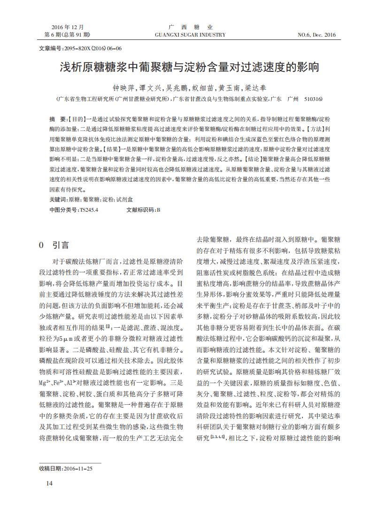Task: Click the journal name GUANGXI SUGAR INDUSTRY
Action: click(x=190, y=35)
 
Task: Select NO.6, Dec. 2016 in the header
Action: click(x=317, y=35)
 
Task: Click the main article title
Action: click(x=189, y=67)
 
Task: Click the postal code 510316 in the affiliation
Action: click(x=313, y=99)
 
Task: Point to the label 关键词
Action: click(x=58, y=200)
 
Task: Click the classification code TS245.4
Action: click(x=89, y=210)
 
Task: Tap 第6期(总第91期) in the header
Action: click(x=67, y=35)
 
